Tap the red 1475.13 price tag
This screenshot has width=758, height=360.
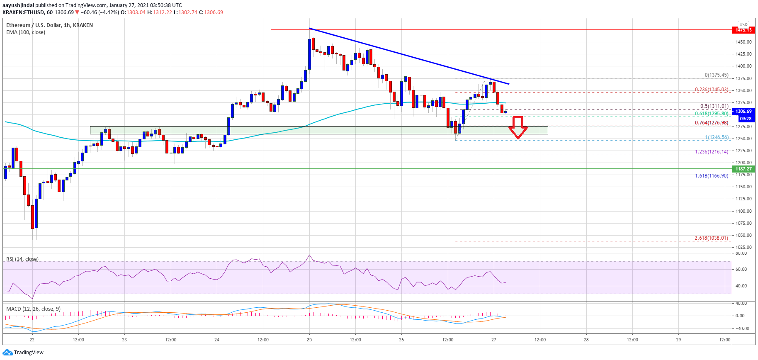point(743,30)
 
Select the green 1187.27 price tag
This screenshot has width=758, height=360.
point(743,169)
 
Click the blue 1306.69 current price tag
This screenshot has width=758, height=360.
point(743,111)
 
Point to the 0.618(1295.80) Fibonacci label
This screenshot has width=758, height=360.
point(711,114)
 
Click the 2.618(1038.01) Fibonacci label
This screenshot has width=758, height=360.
point(711,238)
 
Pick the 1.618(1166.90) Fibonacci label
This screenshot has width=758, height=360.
point(711,176)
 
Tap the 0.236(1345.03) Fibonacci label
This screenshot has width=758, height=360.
point(711,90)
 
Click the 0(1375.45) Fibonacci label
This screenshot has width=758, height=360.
point(716,75)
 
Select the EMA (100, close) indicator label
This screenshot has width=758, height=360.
point(26,32)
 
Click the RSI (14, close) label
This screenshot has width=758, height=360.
point(22,259)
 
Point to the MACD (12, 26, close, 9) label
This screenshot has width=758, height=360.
point(33,309)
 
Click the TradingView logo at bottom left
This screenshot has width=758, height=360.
point(23,353)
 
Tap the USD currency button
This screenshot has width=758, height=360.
point(743,24)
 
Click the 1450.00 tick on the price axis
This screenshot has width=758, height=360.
point(743,42)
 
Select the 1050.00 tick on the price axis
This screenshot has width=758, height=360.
point(743,235)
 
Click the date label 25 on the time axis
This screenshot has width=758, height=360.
point(309,340)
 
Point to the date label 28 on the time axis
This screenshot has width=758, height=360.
point(586,340)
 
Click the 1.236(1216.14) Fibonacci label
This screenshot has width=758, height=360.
point(711,152)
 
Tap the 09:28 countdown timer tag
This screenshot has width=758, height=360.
point(743,119)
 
